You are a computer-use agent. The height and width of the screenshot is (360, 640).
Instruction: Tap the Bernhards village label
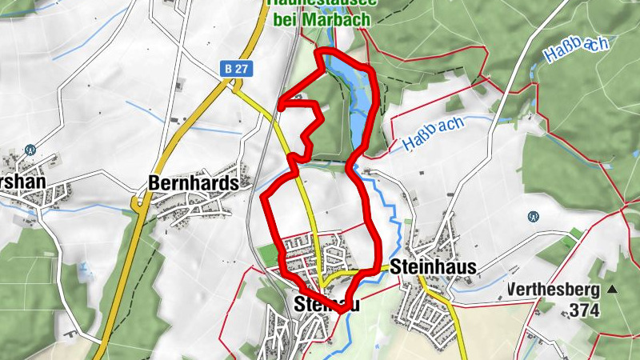tap(194, 183)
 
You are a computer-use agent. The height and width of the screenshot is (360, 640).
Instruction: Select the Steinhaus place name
tap(434, 266)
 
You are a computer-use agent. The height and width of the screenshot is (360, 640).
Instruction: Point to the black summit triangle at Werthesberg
tap(612, 289)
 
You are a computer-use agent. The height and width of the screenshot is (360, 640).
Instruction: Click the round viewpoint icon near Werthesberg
tap(533, 216)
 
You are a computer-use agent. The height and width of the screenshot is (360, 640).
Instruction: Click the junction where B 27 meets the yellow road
tap(233, 87)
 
